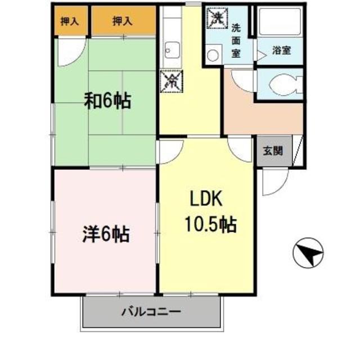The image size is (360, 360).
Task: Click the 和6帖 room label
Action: click(x=107, y=101)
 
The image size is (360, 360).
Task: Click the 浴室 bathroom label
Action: click(x=281, y=51)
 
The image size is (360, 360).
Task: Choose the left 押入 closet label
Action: click(x=70, y=21)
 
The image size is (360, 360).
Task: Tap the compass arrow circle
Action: click(x=308, y=253)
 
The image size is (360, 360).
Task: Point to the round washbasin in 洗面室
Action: click(x=213, y=55)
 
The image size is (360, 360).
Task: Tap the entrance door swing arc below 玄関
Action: click(x=272, y=181)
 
